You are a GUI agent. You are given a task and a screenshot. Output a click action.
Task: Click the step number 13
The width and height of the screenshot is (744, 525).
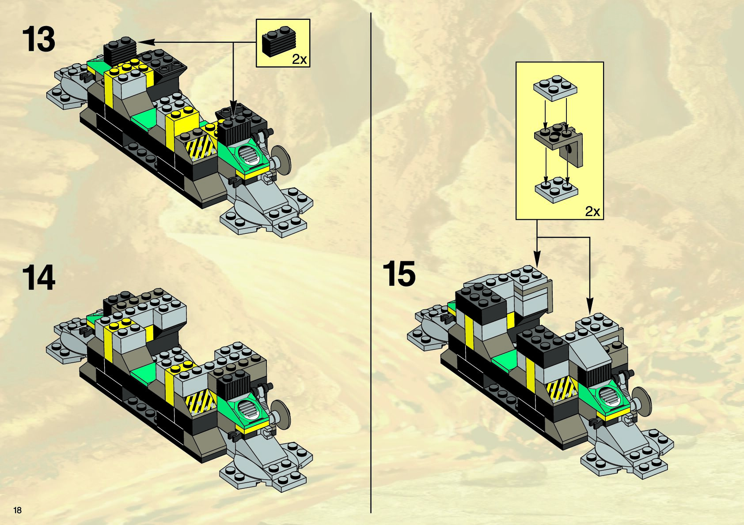(39, 40)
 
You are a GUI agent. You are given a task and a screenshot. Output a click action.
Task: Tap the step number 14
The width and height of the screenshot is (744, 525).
(39, 278)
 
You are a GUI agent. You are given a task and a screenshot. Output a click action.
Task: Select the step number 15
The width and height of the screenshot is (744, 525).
(399, 274)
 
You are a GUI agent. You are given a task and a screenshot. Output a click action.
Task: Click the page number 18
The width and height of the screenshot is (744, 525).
(18, 510)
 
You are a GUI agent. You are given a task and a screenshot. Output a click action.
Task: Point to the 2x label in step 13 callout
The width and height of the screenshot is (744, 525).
(299, 60)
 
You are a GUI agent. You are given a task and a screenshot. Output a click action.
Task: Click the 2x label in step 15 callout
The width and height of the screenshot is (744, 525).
(592, 211)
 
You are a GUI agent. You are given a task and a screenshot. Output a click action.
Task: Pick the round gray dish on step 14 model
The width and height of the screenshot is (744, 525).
(281, 412)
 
